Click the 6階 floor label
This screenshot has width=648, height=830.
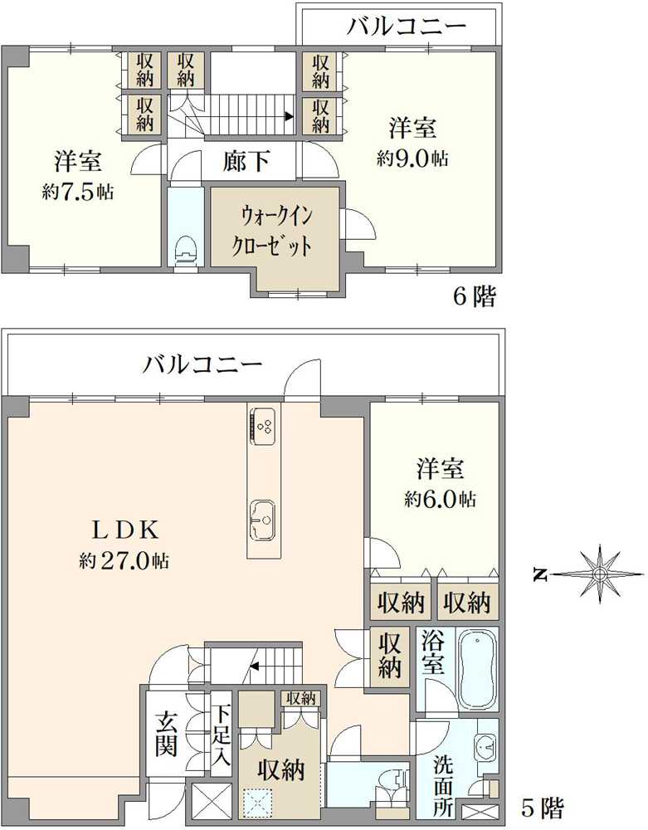475,297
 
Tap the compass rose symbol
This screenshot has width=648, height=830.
599,574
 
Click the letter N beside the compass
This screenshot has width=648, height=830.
539,574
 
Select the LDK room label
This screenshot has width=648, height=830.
126,530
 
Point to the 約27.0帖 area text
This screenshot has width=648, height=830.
124,560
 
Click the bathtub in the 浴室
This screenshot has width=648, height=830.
478,668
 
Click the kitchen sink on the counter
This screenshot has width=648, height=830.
262,520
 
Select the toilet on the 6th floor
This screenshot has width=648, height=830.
186,250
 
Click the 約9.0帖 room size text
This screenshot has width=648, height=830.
412,158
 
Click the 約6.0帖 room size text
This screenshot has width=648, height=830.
440,498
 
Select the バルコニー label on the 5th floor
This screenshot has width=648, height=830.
203,364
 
